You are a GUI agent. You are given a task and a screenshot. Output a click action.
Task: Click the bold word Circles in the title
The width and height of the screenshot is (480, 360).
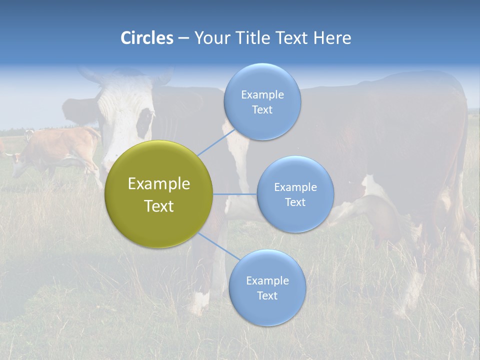coord(147,38)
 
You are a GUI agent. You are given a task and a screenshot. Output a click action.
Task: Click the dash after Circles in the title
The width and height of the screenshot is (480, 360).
coord(183,38)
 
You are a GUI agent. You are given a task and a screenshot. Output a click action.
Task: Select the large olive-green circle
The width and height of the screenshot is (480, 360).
coord(159,194)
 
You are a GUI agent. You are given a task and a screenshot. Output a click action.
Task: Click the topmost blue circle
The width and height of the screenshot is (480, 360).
coord(262,101)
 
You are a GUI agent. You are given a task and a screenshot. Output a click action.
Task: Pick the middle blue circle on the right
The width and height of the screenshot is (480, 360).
coord(295,194)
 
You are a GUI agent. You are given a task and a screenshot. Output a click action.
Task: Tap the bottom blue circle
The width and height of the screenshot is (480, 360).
coord(267,287)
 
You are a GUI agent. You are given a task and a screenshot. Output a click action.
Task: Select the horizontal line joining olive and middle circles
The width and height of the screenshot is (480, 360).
coord(235,194)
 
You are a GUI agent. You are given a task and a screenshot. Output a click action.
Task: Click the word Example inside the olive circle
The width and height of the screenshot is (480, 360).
coord(159,183)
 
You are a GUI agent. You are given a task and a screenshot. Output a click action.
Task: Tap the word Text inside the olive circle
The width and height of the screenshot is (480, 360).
coord(159,206)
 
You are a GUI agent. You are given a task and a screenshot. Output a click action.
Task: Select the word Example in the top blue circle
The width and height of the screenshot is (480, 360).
coord(262,94)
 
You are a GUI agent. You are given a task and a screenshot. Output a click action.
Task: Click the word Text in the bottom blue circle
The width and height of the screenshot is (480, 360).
coord(267,295)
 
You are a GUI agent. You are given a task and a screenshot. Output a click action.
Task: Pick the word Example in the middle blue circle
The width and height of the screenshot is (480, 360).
coord(295,187)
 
